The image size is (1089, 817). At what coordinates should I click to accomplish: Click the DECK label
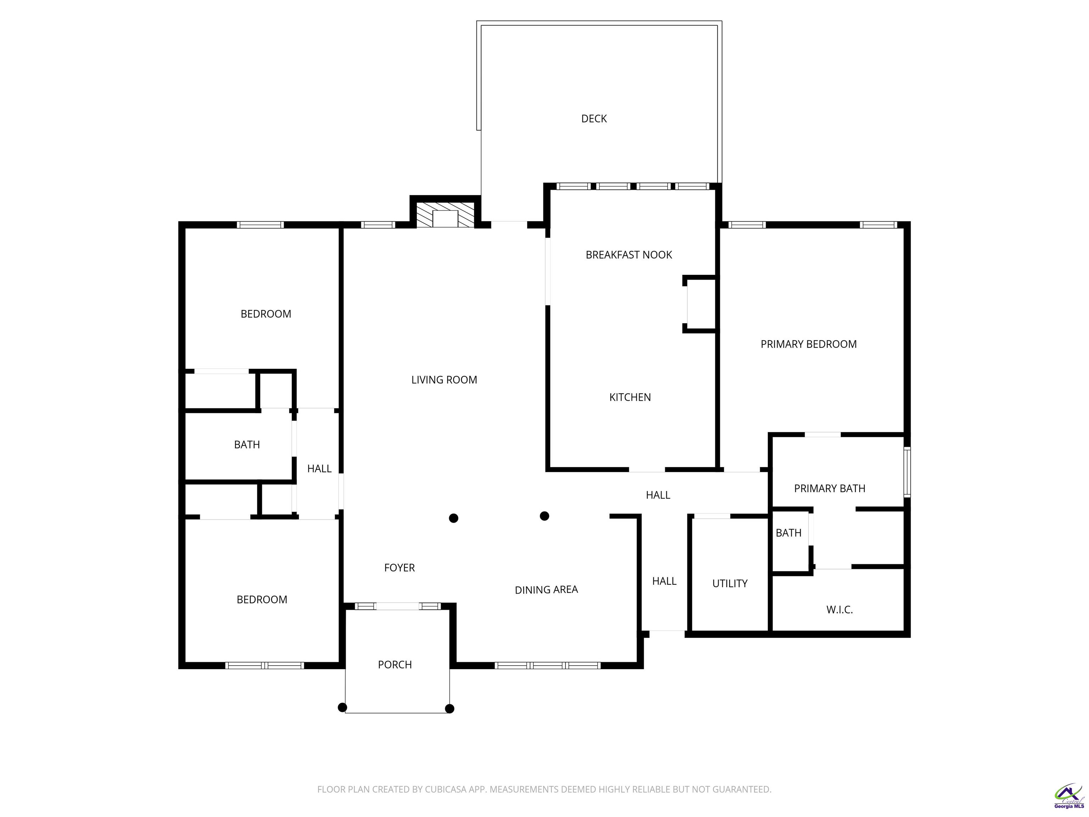tap(594, 119)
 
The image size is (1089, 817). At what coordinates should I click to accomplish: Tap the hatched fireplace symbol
tap(445, 215)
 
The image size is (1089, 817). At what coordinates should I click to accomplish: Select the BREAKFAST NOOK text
tap(629, 255)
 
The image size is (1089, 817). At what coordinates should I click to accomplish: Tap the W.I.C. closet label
tap(839, 610)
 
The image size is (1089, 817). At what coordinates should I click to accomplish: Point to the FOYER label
tap(399, 568)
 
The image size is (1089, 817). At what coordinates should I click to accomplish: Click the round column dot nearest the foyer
tap(454, 518)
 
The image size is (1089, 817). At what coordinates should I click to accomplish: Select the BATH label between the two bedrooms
tap(247, 445)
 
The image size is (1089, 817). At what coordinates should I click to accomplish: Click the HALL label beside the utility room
tap(664, 581)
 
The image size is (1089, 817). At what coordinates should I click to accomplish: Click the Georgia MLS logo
tap(1069, 796)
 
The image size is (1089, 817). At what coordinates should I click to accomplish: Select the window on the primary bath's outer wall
tap(907, 472)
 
